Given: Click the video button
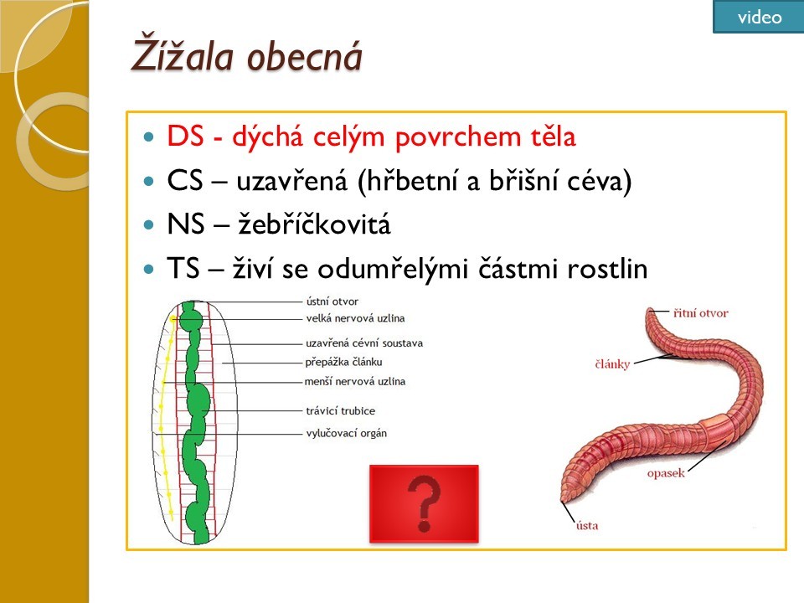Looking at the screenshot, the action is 759,17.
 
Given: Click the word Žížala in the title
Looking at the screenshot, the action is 182,54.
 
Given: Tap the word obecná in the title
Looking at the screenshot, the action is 305,55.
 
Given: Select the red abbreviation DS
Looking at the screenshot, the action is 185,137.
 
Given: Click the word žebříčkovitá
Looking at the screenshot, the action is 314,224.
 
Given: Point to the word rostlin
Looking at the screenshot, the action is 607,268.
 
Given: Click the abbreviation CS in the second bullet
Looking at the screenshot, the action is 185,181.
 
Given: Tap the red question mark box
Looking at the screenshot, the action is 424,503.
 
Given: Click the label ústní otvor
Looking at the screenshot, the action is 332,301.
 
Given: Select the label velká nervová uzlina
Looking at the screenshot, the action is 355,318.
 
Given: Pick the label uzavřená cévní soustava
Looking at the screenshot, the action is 364,343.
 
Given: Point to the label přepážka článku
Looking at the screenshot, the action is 343,362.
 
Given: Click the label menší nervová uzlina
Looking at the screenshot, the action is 355,382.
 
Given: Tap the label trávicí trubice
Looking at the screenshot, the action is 341,410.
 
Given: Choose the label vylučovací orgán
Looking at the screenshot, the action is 347,433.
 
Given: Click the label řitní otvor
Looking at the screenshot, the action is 700,312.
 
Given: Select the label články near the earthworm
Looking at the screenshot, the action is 612,364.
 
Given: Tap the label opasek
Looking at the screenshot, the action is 666,472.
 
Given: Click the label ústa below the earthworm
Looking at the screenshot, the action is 587,525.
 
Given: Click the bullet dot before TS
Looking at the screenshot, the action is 149,269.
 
